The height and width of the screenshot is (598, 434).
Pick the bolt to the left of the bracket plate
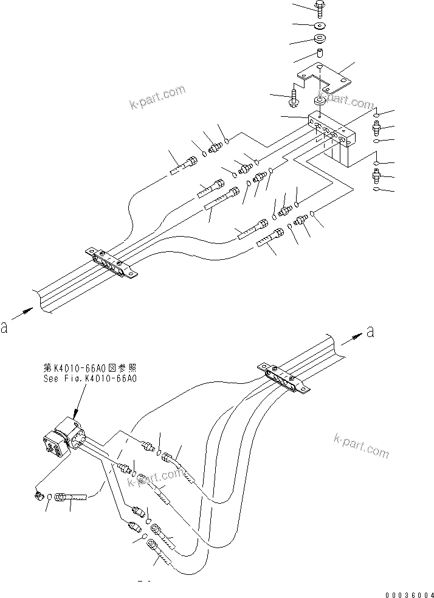[x=294, y=96]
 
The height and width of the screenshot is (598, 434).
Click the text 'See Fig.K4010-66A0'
[x=90, y=378]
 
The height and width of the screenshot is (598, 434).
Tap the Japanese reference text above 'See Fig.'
[x=90, y=368]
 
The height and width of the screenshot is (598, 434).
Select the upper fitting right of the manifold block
[x=376, y=127]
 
